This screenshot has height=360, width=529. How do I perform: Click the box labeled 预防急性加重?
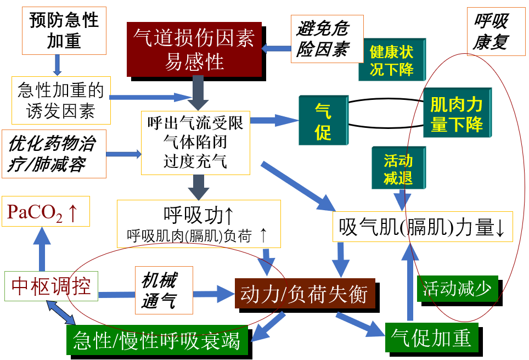tap(64, 30)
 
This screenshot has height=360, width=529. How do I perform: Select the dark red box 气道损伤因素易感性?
tap(194, 49)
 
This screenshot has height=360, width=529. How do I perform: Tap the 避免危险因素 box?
tap(322, 39)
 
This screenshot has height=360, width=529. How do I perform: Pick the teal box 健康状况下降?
tap(391, 60)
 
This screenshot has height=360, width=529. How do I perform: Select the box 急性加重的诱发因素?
tap(60, 100)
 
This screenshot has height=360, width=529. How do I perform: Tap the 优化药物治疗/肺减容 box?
tap(54, 154)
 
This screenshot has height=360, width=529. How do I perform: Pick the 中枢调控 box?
tap(51, 286)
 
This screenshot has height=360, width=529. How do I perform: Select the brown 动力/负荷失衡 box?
tap(304, 295)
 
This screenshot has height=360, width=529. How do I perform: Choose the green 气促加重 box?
tap(431, 338)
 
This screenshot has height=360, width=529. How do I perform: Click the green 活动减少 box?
tap(457, 288)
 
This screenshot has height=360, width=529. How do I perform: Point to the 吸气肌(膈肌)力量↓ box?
tap(422, 227)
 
